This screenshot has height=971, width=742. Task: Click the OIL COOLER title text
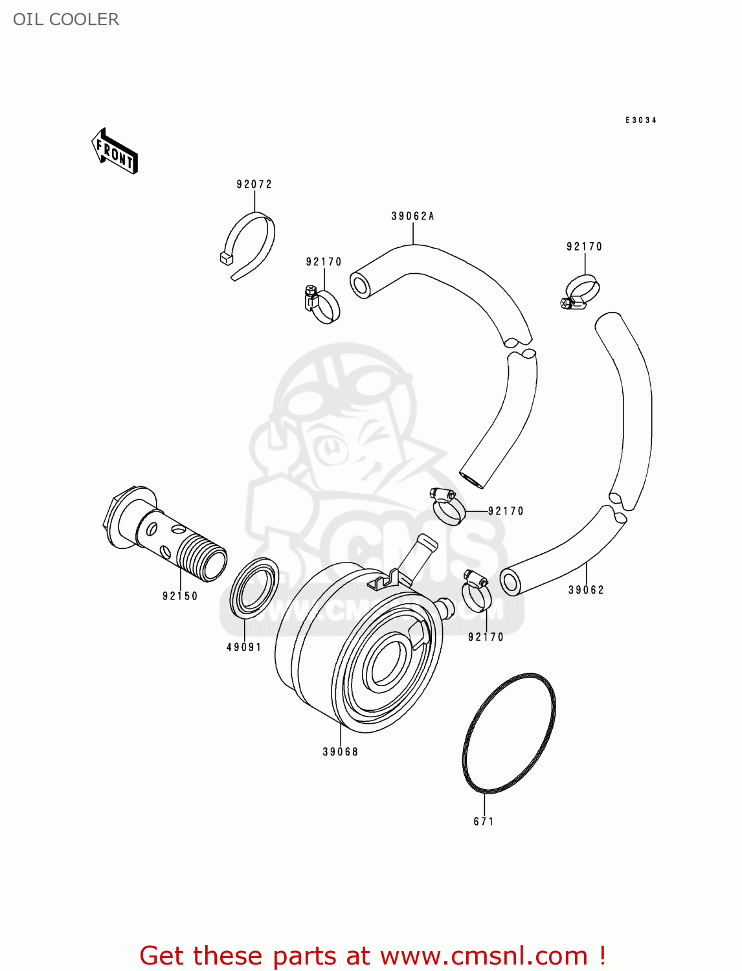point(66,19)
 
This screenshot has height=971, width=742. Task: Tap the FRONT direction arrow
point(115,151)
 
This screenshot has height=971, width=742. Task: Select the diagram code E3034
point(640,120)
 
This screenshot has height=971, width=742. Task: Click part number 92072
point(254,184)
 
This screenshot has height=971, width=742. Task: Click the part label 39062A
point(412,216)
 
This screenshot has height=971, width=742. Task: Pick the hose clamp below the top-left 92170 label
point(322,305)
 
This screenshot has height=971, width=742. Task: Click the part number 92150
point(180,596)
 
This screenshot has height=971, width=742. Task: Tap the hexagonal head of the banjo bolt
point(117,518)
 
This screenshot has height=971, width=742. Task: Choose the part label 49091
point(244,647)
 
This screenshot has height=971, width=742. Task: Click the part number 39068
point(341,752)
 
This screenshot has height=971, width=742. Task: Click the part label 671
point(484,821)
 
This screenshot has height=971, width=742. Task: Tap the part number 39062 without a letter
point(586,590)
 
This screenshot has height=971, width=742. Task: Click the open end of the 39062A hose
point(361,285)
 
